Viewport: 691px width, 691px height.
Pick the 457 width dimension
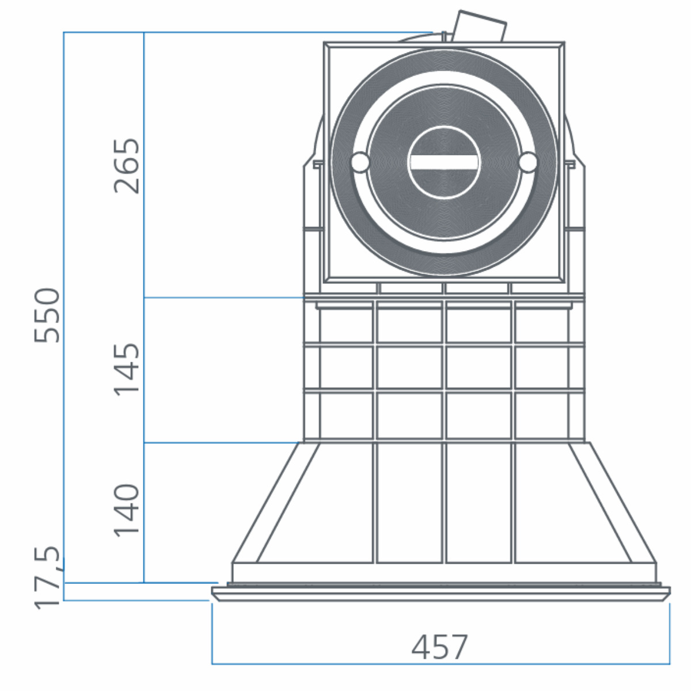tap(440, 647)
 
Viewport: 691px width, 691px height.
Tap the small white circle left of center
tap(360, 162)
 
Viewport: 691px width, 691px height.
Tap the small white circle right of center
tap(527, 162)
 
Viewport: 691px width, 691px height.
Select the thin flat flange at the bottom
tap(441, 591)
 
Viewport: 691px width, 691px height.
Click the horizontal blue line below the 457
tap(441, 664)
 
